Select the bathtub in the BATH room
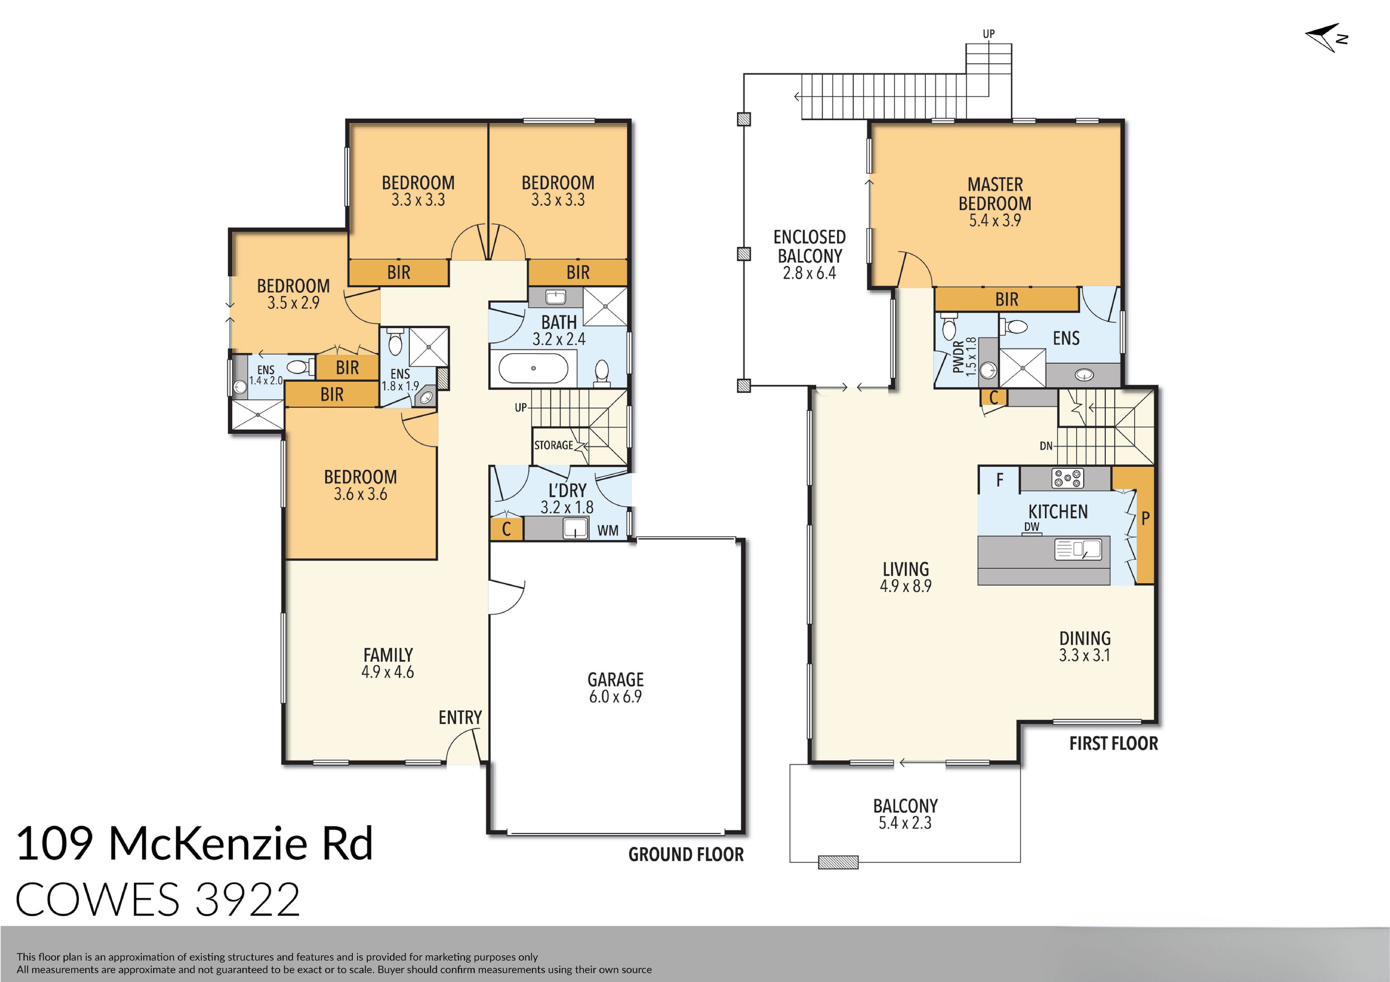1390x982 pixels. point(533,368)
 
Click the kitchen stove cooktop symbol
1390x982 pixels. point(1067,478)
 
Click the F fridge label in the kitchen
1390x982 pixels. point(999,480)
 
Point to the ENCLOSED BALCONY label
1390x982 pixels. point(809,246)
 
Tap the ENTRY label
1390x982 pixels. point(460,717)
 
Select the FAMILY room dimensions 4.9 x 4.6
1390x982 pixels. point(387,672)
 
